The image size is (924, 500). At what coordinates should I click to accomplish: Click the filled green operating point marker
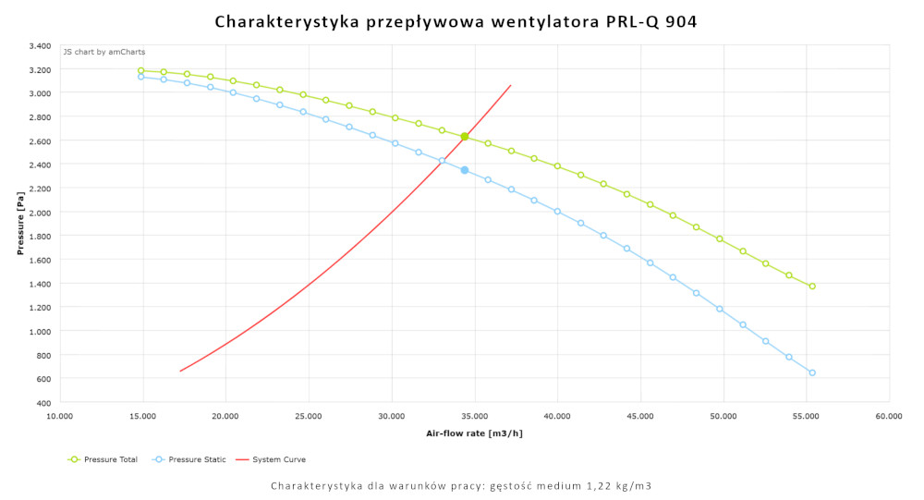(x=465, y=137)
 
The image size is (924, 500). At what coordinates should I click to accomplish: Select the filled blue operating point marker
(x=465, y=170)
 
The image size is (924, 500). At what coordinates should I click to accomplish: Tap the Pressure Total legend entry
(x=103, y=459)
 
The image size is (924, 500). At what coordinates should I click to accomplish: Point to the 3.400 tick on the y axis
(x=40, y=45)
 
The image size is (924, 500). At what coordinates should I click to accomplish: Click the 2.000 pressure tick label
(x=40, y=212)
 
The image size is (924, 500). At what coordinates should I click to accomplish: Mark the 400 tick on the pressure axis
(x=44, y=402)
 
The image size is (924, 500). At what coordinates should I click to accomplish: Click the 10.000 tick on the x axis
(x=59, y=417)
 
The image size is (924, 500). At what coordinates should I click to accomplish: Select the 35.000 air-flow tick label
(x=474, y=417)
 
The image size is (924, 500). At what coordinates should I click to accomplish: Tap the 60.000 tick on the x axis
(x=889, y=417)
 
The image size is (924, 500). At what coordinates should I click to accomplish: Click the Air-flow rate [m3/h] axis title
(x=474, y=433)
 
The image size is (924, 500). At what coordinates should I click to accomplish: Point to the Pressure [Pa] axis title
(x=20, y=224)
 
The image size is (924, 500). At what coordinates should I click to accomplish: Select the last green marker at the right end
(x=812, y=287)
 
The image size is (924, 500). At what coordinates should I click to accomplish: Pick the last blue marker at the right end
(x=812, y=372)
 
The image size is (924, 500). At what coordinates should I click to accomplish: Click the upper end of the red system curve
(x=511, y=85)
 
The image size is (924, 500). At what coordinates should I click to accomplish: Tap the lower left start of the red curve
(x=180, y=371)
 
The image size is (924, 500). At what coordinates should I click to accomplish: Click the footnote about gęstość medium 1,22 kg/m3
(x=461, y=485)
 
